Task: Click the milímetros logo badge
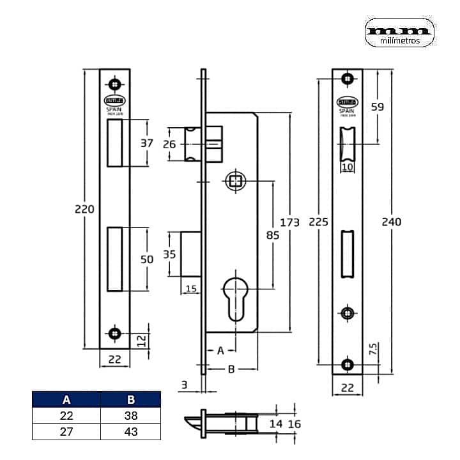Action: [400, 32]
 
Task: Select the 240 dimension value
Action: [391, 222]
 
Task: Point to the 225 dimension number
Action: [318, 222]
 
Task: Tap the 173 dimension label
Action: [289, 222]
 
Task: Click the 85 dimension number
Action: [272, 235]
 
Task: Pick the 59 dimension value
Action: [377, 107]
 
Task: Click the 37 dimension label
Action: [147, 143]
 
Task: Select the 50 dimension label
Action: [147, 259]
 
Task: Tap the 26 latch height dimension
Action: [169, 144]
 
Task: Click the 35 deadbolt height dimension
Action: [169, 254]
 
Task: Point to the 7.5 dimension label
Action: [372, 349]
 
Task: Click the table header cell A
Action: [66, 401]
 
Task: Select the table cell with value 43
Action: [131, 431]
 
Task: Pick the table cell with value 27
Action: [66, 431]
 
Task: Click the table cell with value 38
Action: [131, 416]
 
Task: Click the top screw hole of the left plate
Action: [115, 83]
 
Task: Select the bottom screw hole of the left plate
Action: [115, 332]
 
